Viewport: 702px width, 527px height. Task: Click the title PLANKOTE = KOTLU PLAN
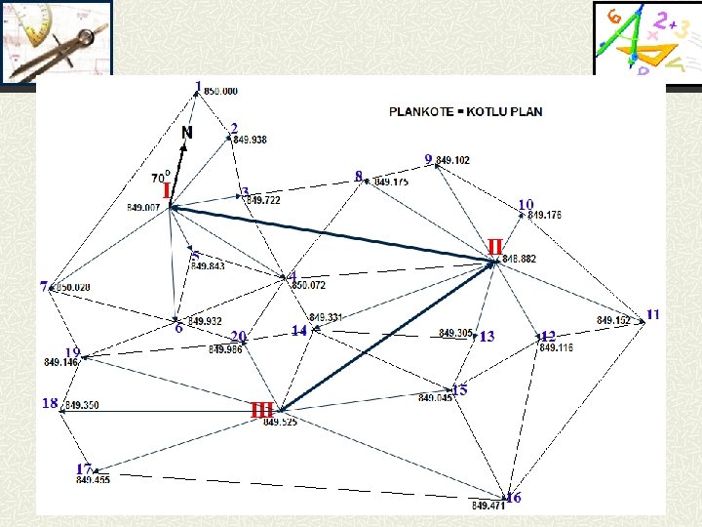click(x=466, y=111)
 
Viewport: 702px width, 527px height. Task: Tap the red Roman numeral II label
click(x=494, y=246)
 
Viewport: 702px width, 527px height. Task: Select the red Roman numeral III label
click(x=261, y=410)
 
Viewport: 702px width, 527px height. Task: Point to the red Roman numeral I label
click(x=167, y=188)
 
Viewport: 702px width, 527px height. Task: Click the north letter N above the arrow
click(x=186, y=132)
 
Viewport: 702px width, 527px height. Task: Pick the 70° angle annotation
click(x=161, y=178)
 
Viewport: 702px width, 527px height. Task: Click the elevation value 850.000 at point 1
click(x=220, y=91)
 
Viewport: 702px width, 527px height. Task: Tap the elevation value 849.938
click(x=250, y=140)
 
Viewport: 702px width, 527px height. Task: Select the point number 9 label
click(x=428, y=158)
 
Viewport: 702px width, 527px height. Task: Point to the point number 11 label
click(x=653, y=313)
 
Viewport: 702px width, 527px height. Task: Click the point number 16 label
click(x=514, y=498)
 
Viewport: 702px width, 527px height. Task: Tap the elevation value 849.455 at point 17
click(x=93, y=479)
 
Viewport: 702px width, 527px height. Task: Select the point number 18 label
click(x=49, y=402)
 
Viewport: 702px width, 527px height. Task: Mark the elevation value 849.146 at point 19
click(x=61, y=362)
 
